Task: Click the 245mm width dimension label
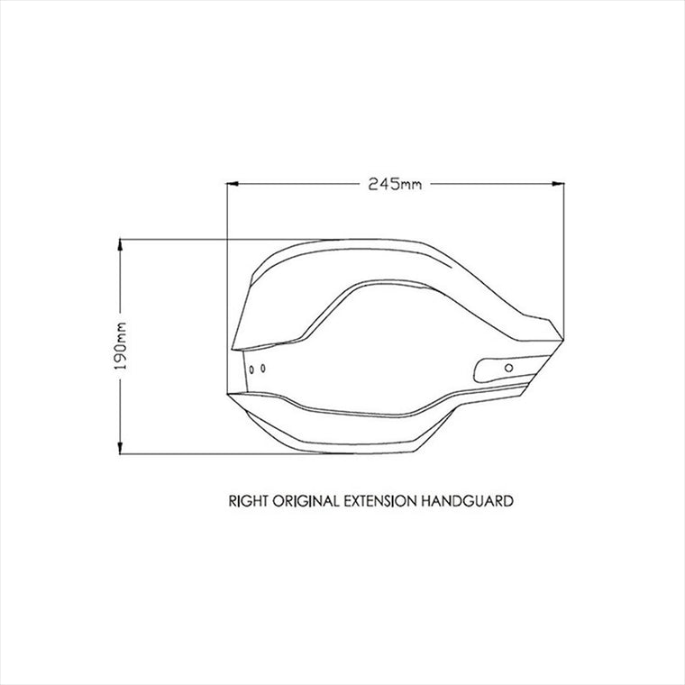pyautogui.click(x=395, y=184)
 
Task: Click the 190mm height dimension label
pyautogui.click(x=120, y=346)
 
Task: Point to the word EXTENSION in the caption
pyautogui.click(x=380, y=500)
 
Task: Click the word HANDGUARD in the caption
pyautogui.click(x=468, y=500)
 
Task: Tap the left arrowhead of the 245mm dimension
pyautogui.click(x=233, y=184)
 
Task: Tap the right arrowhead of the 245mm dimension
pyautogui.click(x=558, y=184)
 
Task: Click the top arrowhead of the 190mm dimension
pyautogui.click(x=120, y=245)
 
